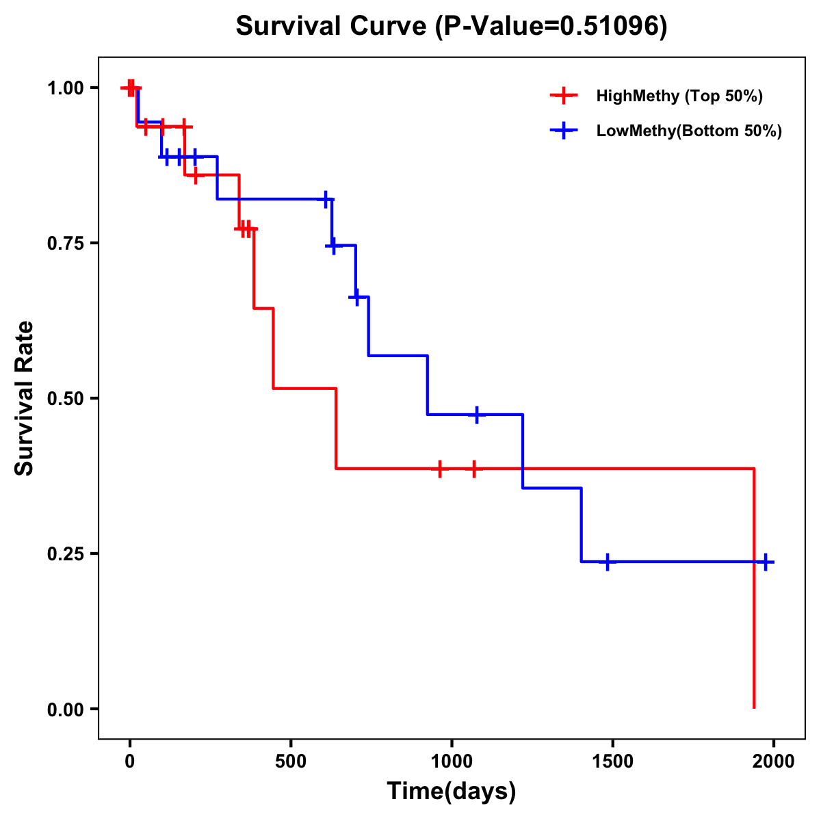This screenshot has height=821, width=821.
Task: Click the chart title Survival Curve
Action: (x=452, y=26)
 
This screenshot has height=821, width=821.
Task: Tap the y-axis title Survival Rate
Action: (x=25, y=398)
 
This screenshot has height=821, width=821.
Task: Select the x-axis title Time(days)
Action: (x=452, y=791)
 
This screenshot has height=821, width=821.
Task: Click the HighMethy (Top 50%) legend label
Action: (x=679, y=96)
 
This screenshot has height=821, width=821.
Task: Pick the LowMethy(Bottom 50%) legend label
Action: (x=689, y=131)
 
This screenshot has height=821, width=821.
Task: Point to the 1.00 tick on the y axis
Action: (x=65, y=88)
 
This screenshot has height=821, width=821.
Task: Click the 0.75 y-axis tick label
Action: (x=65, y=243)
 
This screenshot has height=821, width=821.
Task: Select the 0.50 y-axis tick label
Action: (x=65, y=398)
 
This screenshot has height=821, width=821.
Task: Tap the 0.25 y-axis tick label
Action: (x=65, y=553)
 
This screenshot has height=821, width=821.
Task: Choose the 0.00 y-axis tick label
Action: (x=65, y=709)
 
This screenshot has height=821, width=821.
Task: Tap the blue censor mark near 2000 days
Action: (x=766, y=562)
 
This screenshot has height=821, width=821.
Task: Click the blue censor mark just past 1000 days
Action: (x=477, y=415)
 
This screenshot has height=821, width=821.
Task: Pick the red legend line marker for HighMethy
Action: (x=563, y=96)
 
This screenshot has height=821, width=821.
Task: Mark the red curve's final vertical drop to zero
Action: (x=754, y=588)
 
